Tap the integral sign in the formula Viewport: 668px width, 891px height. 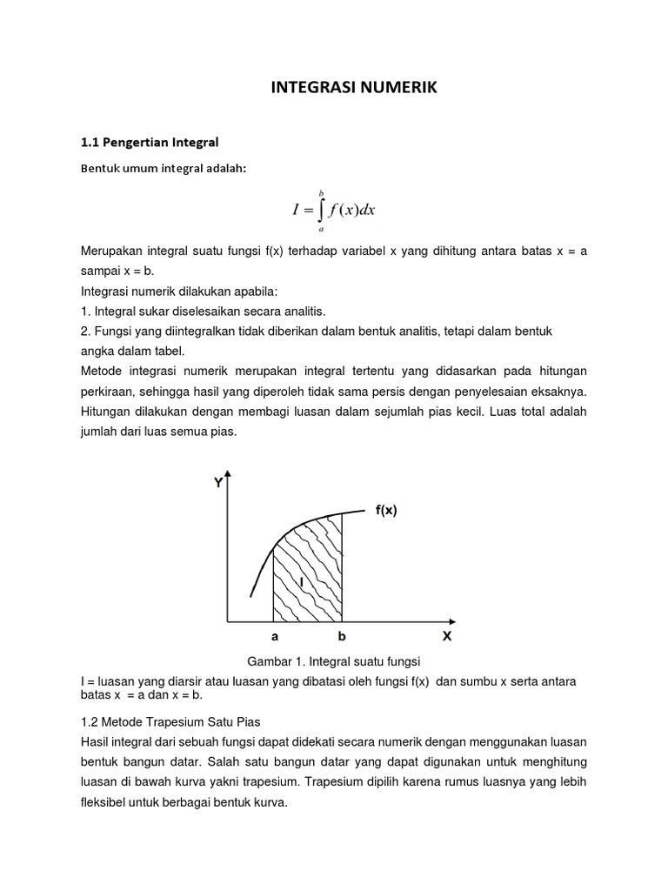point(319,210)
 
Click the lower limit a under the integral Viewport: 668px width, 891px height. point(320,230)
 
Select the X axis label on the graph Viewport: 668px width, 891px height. point(447,636)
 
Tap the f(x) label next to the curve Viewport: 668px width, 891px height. point(386,511)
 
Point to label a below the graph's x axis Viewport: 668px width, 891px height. point(275,637)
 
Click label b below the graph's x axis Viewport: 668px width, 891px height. point(342,637)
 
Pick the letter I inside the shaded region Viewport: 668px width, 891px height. point(301,580)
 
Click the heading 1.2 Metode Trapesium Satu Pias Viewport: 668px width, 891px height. point(170,721)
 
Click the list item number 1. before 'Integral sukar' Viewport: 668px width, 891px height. point(85,311)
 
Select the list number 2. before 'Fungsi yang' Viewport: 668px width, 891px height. point(85,332)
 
